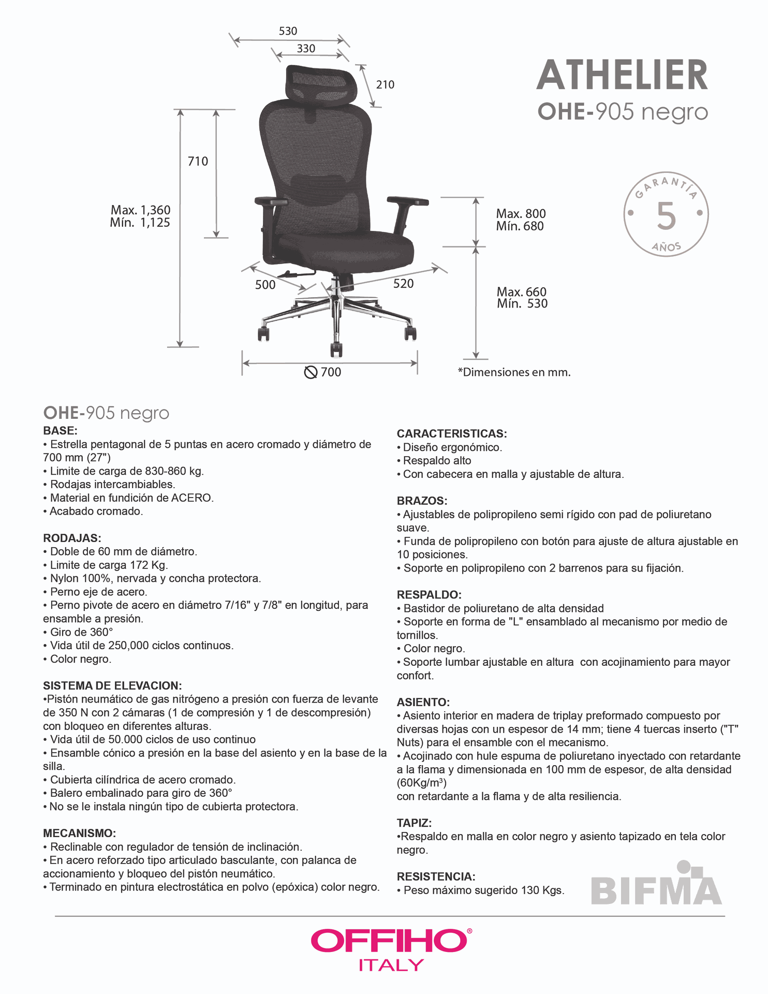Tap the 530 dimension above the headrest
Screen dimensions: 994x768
tap(288, 31)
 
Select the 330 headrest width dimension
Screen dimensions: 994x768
tap(306, 49)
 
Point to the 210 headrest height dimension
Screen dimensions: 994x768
tap(385, 84)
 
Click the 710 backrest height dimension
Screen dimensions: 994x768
tap(198, 162)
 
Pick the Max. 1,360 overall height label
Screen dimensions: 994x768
tap(140, 210)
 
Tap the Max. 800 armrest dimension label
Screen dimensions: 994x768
tap(521, 214)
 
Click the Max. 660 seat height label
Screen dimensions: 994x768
tap(521, 292)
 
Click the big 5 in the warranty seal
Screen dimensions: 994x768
tap(666, 216)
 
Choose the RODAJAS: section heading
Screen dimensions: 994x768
tap(72, 538)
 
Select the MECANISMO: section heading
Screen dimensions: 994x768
tap(79, 833)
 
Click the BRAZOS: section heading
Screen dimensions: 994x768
tap(422, 501)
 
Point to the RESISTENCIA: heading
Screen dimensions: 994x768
tap(436, 876)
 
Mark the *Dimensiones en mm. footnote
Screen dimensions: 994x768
tap(514, 372)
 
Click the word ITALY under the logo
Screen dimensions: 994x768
tap(391, 965)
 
